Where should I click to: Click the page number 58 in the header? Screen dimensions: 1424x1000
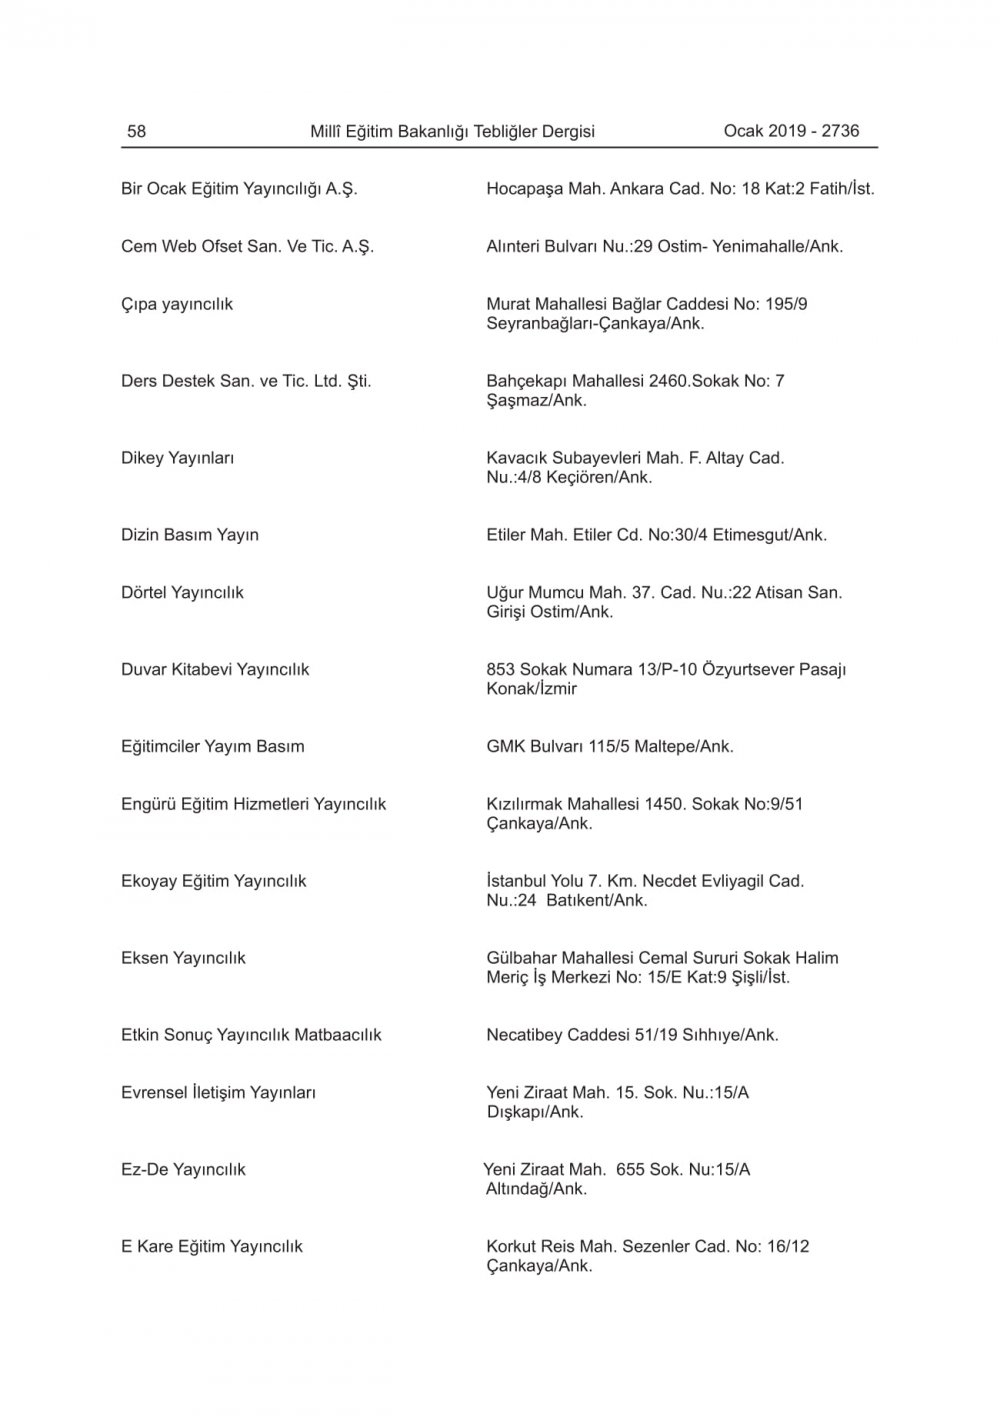[136, 131]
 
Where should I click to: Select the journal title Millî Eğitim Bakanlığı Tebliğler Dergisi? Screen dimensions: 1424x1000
[452, 131]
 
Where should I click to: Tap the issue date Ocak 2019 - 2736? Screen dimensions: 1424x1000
[791, 131]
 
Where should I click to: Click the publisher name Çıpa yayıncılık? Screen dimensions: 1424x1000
[177, 304]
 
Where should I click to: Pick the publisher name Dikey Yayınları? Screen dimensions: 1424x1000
[177, 458]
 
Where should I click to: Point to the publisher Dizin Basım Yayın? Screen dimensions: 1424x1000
[190, 535]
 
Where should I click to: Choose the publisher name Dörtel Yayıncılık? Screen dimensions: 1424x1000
[182, 593]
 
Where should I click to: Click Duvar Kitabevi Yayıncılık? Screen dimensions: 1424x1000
[215, 670]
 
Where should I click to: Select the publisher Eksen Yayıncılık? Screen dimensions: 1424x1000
[183, 958]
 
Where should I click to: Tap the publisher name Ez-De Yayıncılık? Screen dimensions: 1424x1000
[183, 1170]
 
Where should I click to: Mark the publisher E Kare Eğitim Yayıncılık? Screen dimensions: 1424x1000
[212, 1247]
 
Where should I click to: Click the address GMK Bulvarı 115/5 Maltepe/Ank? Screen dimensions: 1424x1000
[610, 747]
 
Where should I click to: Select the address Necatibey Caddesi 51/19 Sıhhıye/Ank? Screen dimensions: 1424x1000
[632, 1035]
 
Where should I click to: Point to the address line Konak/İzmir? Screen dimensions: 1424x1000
[531, 689]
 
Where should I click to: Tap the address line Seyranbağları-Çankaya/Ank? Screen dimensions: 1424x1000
[595, 324]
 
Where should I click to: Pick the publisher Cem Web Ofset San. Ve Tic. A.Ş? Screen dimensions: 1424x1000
[247, 247]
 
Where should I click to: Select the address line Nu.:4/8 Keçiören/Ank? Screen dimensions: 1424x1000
[569, 478]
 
